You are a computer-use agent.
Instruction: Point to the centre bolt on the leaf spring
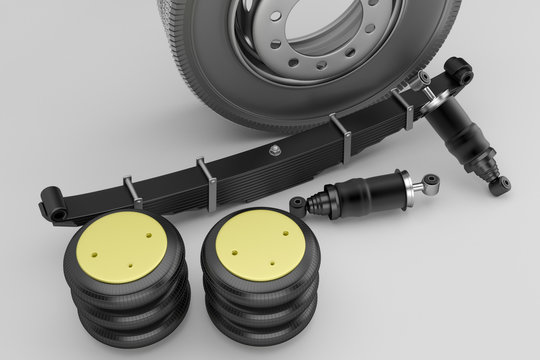tap(273, 150)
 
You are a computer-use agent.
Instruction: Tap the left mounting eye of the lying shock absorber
tap(298, 206)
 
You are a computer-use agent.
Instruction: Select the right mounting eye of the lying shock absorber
tap(431, 182)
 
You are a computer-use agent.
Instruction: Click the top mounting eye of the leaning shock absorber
tap(458, 70)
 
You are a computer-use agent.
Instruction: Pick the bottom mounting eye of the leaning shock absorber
tap(499, 184)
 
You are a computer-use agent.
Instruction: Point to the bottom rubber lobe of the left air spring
tap(130, 326)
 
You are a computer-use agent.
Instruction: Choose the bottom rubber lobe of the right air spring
tap(262, 325)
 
